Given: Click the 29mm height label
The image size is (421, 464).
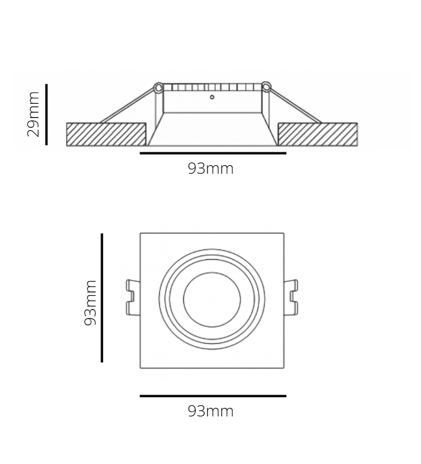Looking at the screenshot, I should pos(34,114).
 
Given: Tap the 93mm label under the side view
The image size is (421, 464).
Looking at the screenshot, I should pos(210,169).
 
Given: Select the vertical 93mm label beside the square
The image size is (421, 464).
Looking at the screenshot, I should pos(90,303).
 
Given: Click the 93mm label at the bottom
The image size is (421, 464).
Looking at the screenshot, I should pos(210,412).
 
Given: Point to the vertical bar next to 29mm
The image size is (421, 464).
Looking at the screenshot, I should pos(47,114).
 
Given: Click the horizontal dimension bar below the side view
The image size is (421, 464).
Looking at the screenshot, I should pos(213,153).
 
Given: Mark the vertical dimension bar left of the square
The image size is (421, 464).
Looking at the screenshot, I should pos(102,298).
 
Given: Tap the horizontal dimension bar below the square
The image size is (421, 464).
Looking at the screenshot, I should pos(213,396).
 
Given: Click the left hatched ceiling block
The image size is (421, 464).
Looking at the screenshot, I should pos(106,134).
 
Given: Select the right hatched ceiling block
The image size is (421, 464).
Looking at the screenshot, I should pos(317,134).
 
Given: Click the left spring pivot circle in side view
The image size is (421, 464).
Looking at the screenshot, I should pos(158,87).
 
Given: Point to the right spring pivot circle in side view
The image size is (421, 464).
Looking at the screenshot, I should pos(266,87).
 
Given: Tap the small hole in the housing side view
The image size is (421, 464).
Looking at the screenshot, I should pos(212,97).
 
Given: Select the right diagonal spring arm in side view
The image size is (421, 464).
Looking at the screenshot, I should pos(295,105).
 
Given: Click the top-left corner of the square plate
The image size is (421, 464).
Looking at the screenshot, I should pos(141,233).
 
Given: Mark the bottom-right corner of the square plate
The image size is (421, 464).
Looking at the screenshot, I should pos(284,368).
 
